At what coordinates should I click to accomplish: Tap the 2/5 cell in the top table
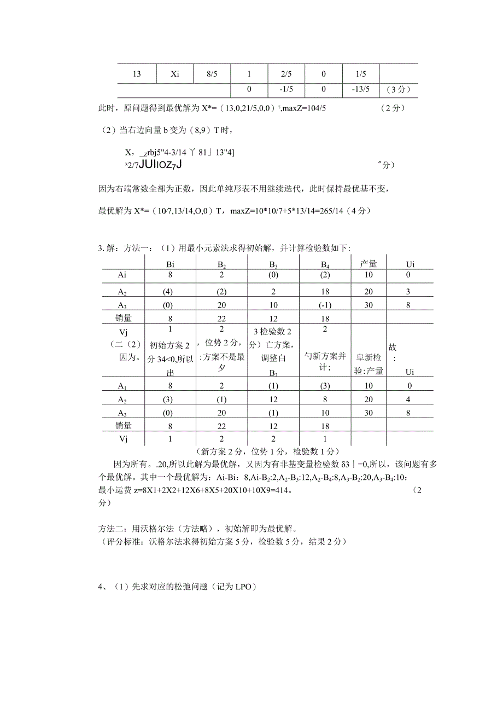(x=285, y=74)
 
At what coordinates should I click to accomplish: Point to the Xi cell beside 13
(x=175, y=74)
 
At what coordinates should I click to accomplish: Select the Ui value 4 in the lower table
(x=407, y=400)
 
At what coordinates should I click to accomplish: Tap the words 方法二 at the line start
(x=111, y=529)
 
